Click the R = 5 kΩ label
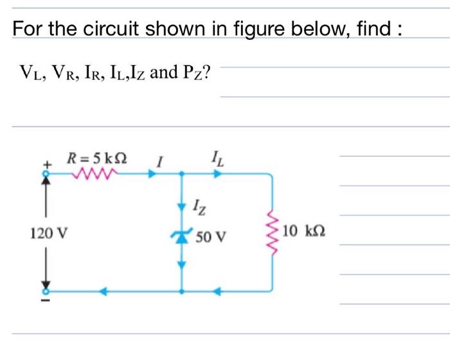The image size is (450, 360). click(98, 156)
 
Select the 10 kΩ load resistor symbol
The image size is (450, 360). click(272, 232)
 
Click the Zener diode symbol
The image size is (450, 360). click(181, 237)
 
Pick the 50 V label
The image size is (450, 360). click(211, 237)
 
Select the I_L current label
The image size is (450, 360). click(215, 156)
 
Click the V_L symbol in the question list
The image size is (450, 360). click(28, 72)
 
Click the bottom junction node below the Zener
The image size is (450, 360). click(182, 291)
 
